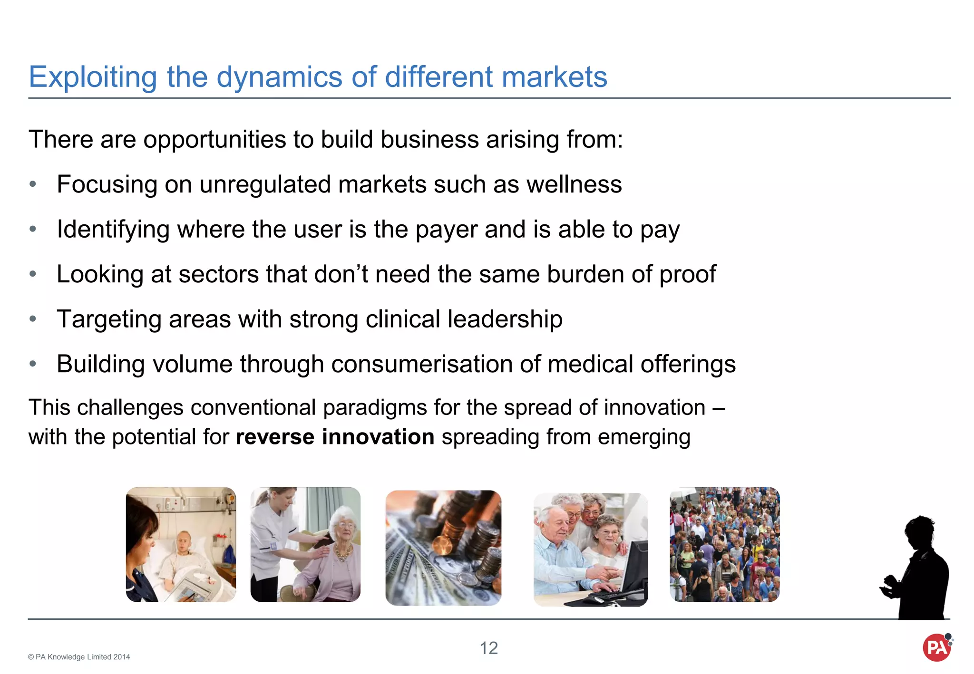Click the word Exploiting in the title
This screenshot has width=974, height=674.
click(x=93, y=77)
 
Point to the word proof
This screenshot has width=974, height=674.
click(x=688, y=274)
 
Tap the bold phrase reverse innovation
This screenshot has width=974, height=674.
click(x=335, y=437)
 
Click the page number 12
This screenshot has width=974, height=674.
click(x=488, y=648)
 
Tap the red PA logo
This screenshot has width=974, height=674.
click(x=936, y=647)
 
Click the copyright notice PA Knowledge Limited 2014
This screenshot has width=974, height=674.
click(x=79, y=657)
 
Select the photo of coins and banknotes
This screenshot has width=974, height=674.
click(x=443, y=548)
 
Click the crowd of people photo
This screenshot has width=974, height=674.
click(x=724, y=545)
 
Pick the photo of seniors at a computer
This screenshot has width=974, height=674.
click(x=590, y=549)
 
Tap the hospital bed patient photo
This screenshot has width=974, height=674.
click(x=181, y=545)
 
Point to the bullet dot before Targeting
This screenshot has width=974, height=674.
click(x=33, y=319)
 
